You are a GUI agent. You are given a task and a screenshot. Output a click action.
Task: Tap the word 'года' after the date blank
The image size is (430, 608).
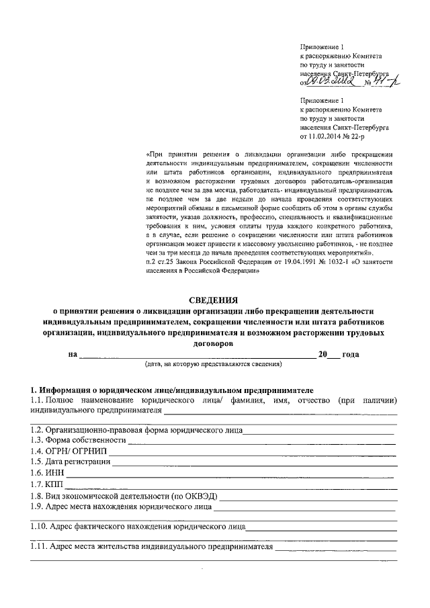pyautogui.click(x=351, y=354)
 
